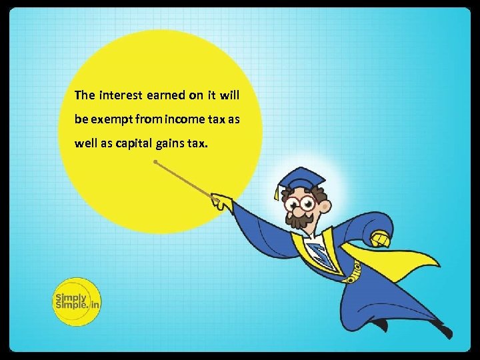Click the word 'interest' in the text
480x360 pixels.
pyautogui.click(x=119, y=95)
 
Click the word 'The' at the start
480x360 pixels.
pyautogui.click(x=85, y=95)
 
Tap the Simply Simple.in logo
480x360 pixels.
pyautogui.click(x=76, y=301)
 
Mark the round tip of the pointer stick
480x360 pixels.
pyautogui.click(x=155, y=161)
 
